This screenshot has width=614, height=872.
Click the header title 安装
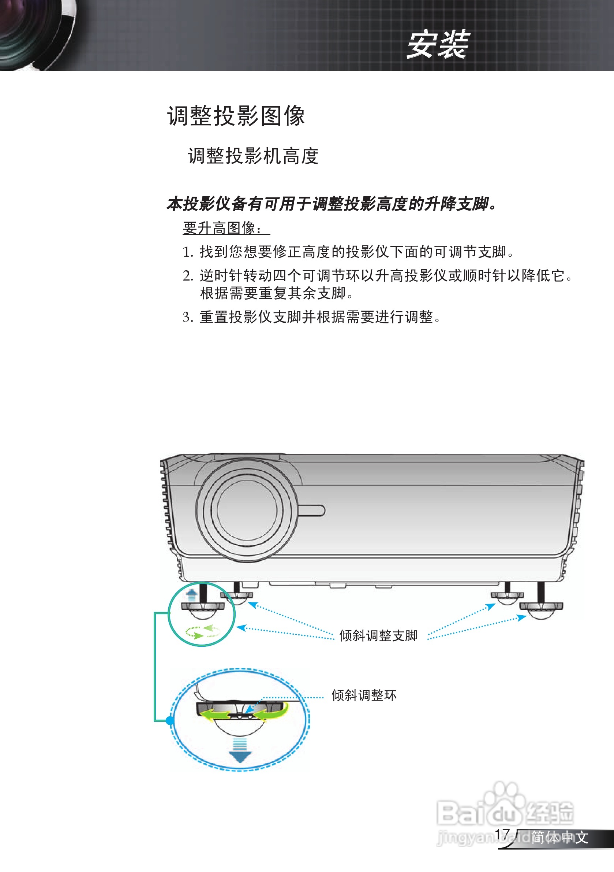[438, 45]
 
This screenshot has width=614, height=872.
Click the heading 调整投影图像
[236, 116]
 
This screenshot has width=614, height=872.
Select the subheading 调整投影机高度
[253, 156]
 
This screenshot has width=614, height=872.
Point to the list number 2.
[187, 276]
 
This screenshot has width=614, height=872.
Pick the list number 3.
[187, 317]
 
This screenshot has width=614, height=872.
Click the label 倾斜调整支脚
[378, 635]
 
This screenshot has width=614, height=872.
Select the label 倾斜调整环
[364, 695]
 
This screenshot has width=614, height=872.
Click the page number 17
[502, 834]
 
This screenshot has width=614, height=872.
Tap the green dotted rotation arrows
[202, 632]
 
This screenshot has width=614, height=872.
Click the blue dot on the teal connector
[170, 720]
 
